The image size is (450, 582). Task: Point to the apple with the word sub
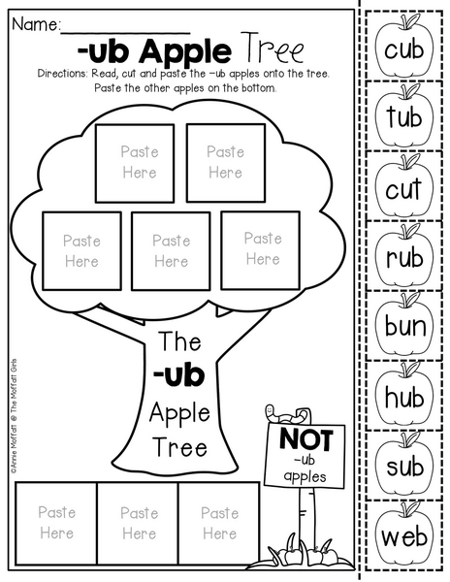[404, 465]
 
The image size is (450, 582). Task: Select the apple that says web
[404, 534]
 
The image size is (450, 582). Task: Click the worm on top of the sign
[286, 414]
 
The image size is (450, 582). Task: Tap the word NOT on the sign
[306, 439]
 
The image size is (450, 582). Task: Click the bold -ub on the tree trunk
[178, 375]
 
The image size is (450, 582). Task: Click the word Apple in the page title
[185, 52]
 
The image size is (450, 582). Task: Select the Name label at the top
[36, 24]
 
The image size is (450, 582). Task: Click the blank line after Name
[125, 33]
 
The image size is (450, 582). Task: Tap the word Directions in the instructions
[62, 74]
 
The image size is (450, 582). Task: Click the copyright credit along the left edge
[14, 416]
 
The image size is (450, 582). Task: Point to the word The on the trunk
[180, 341]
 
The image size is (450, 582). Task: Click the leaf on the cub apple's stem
[413, 20]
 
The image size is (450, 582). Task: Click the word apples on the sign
[305, 476]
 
